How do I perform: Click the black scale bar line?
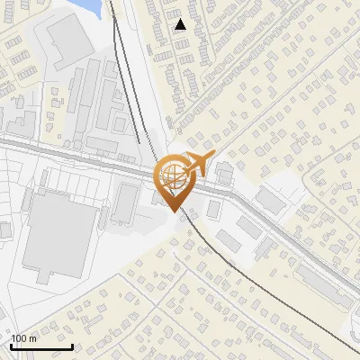point(40,346)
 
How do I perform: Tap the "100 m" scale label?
point(23,338)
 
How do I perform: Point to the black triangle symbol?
point(181,24)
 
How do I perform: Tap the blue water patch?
point(91,7)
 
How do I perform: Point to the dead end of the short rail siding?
point(139,141)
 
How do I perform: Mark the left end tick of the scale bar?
point(10,345)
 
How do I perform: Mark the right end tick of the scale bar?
point(72,345)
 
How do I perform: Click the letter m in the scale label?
point(32,338)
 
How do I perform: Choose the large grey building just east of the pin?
point(271,201)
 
